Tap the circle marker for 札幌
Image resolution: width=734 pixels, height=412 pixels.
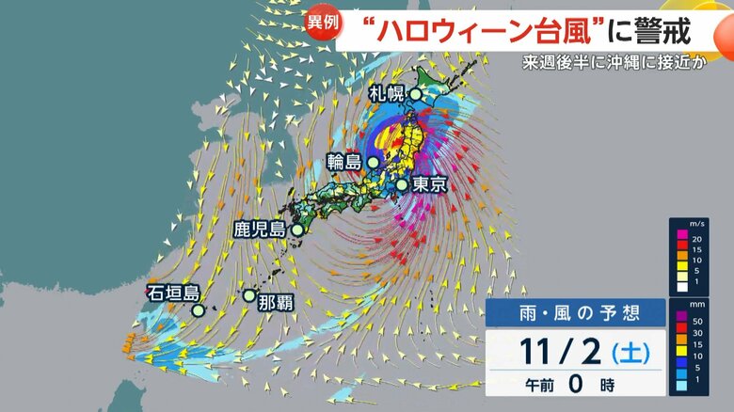416,94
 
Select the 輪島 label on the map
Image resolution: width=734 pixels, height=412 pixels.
344,162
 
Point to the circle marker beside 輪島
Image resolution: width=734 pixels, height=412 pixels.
373,162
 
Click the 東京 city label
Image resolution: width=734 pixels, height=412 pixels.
429,185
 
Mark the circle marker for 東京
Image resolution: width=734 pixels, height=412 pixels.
402,184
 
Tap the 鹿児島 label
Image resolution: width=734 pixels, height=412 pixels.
260,229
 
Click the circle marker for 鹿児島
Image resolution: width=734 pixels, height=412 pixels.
297,230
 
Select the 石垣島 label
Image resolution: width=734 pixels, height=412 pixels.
172,293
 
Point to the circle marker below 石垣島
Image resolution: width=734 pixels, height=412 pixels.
199,309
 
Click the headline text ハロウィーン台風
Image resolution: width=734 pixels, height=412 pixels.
489,30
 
